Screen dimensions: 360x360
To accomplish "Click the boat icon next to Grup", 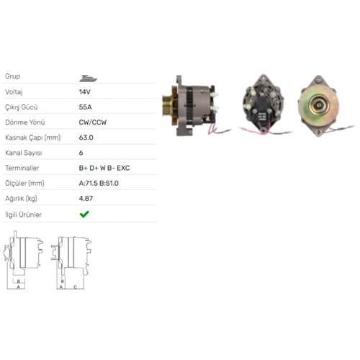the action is [x=88, y=78].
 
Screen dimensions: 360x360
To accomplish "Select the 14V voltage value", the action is [x=85, y=92].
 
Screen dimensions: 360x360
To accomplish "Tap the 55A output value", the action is [x=86, y=107].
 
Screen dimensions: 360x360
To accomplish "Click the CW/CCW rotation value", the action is [x=93, y=122].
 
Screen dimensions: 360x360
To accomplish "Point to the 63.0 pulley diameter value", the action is [x=86, y=138].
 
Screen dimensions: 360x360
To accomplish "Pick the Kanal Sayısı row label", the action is [x=24, y=153].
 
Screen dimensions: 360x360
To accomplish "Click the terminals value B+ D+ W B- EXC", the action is [x=104, y=168].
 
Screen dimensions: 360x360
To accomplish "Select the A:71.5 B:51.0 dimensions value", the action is [x=99, y=184].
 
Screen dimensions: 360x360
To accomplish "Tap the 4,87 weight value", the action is [x=86, y=199].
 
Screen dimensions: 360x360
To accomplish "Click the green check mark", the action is [x=84, y=214].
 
